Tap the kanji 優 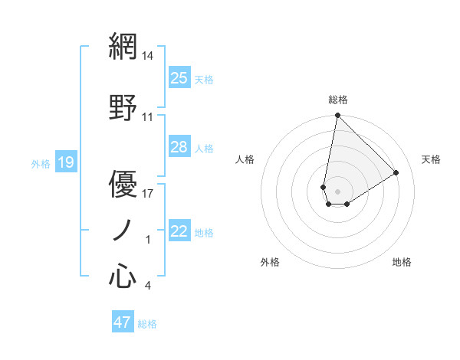tap(123, 184)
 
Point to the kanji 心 tap(123, 276)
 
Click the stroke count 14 tap(148, 56)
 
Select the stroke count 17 tap(148, 193)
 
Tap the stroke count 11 tap(148, 117)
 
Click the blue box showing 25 tap(179, 78)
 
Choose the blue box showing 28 tap(179, 147)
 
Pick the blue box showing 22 tap(179, 231)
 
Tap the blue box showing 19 tap(66, 162)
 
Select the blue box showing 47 tap(123, 322)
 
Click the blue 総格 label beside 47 tap(147, 324)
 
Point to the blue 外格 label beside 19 tap(41, 163)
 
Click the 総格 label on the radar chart tap(337, 100)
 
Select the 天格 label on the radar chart tap(432, 159)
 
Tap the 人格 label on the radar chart tap(245, 159)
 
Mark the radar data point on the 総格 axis tap(337, 116)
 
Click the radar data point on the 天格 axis tap(396, 172)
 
